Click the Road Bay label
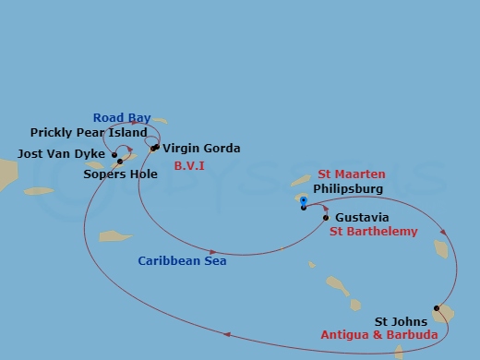click(x=121, y=117)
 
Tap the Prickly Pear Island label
click(x=89, y=133)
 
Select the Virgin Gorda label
click(x=201, y=148)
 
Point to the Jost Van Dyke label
click(x=57, y=154)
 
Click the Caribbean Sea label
click(x=182, y=261)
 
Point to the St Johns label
click(x=400, y=321)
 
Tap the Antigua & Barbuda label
click(x=378, y=335)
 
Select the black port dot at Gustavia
click(x=326, y=218)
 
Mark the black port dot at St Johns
click(x=437, y=308)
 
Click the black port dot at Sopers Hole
click(x=120, y=162)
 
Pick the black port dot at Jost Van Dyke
click(x=114, y=154)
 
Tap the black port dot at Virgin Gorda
click(x=154, y=148)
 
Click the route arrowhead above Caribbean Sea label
click(x=213, y=251)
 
